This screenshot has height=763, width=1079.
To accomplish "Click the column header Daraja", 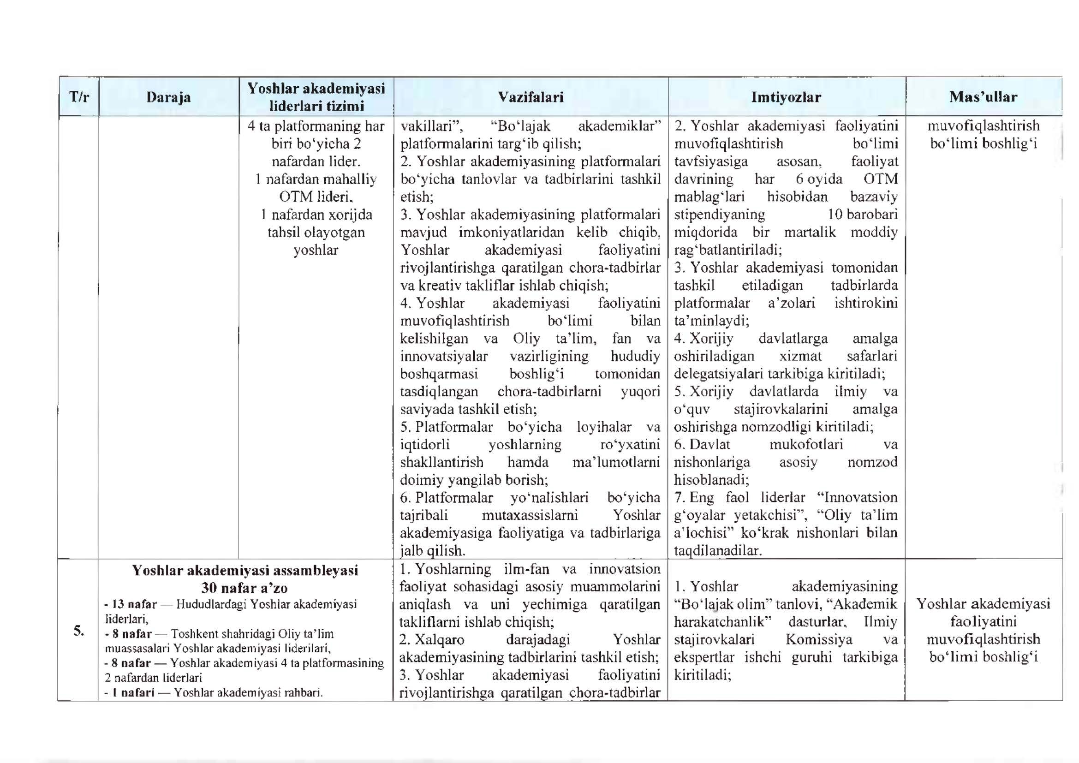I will (168, 97).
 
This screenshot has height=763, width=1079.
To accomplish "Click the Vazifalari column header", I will (531, 97).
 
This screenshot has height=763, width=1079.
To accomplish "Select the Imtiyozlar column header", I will (786, 97).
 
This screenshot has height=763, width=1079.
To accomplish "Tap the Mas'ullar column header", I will (983, 97).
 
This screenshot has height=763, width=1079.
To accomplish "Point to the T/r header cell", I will (79, 97).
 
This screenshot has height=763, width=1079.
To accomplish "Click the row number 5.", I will (78, 631).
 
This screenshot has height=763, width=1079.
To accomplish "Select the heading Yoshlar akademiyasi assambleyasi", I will (245, 570).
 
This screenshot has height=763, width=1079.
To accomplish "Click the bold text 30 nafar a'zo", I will (244, 588).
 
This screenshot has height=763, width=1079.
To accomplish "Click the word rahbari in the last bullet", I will (300, 692).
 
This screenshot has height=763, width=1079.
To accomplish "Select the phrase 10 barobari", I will (862, 215).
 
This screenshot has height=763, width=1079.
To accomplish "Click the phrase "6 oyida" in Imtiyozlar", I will (819, 179).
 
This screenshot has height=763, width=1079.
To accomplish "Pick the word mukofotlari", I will (806, 444).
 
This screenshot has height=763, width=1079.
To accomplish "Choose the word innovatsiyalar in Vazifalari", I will (444, 357).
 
